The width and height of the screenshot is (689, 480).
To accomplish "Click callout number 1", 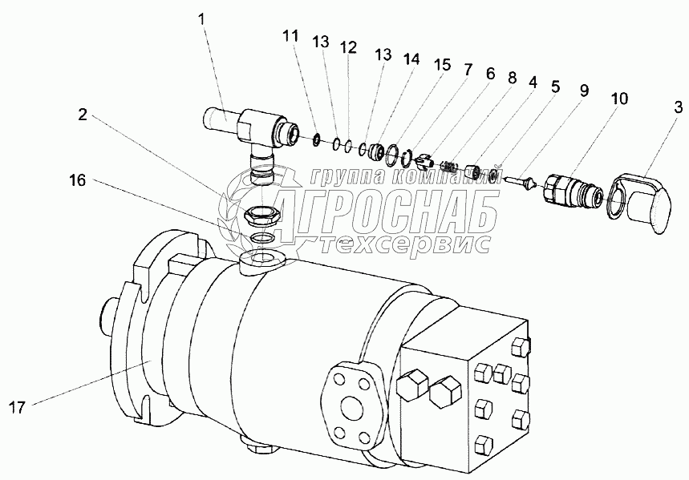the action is pos(201,19).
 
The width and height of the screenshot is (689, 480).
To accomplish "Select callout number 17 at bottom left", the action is pos(18,408).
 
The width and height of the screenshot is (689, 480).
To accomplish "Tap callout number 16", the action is pos(77,180).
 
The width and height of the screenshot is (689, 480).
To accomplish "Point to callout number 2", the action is pos(83,115).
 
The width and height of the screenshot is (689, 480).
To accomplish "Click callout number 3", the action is pos(679,107).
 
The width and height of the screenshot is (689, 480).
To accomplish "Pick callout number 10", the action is pos(618,99).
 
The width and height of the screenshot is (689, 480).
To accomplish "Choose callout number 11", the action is pos(290,35).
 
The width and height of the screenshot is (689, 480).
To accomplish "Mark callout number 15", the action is pos(443,65).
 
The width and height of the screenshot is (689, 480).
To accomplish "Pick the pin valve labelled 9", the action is pos(521,181).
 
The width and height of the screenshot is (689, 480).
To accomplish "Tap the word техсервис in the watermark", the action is pos(404,243).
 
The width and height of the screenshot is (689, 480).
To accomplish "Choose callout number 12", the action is pos(348,47).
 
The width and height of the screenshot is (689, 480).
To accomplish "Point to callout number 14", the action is pos(411,58).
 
